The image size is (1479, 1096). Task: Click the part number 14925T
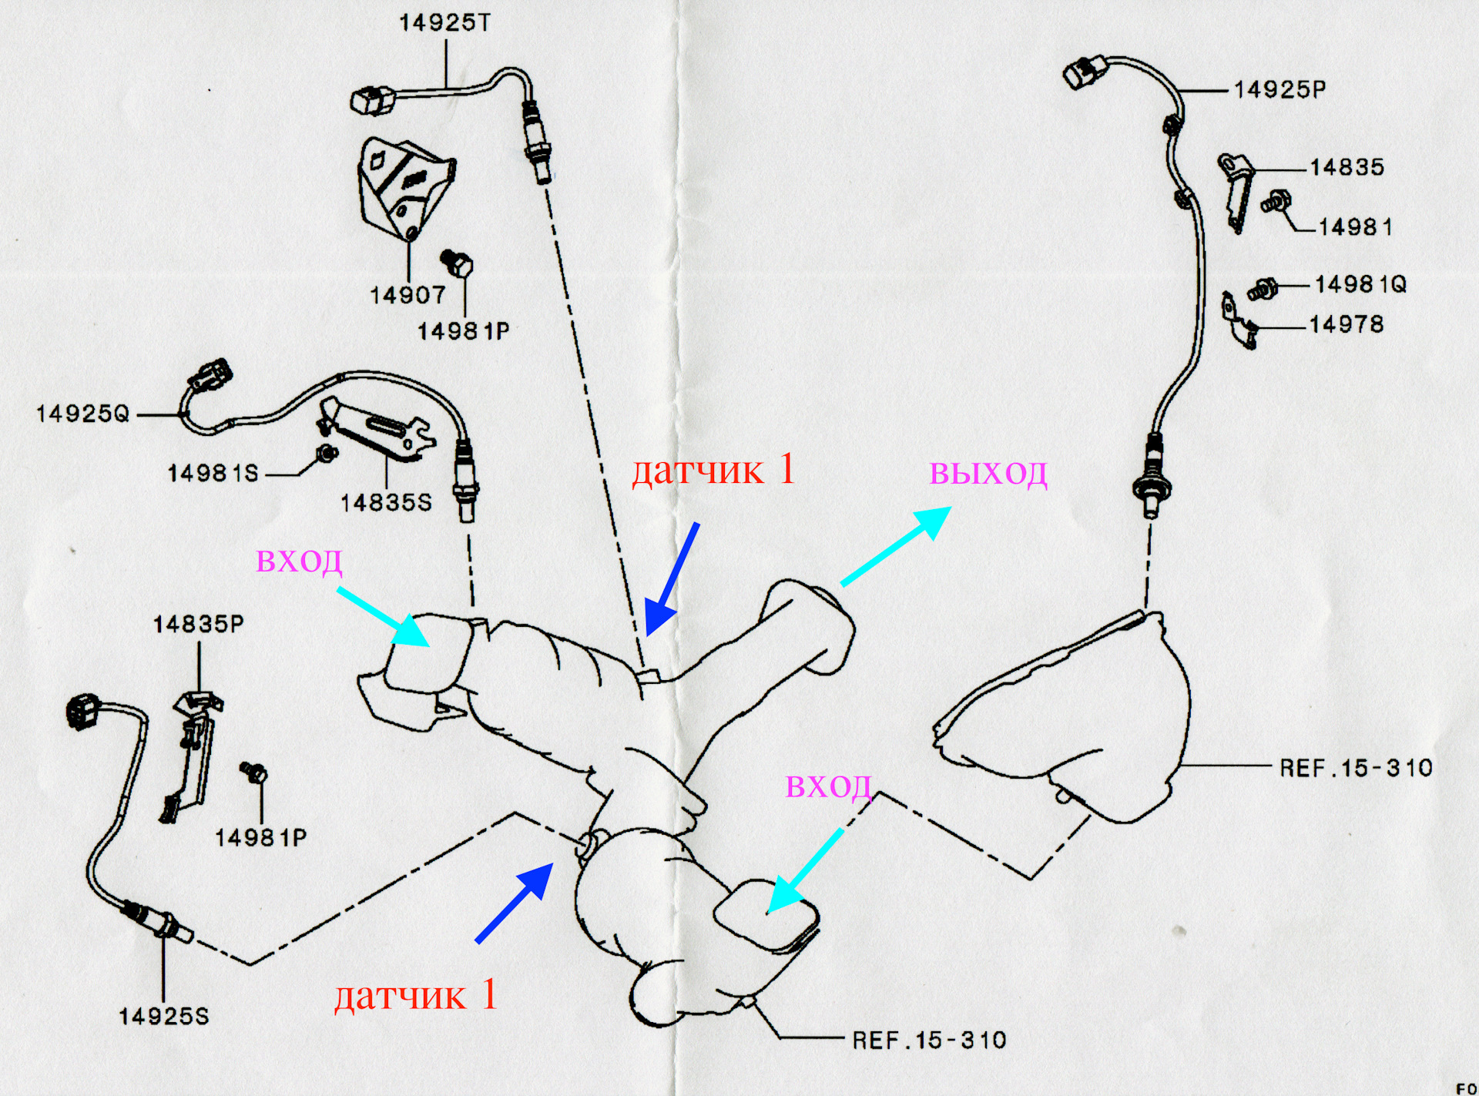tap(444, 22)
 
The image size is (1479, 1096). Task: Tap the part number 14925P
tap(1279, 90)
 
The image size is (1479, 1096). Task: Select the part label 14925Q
tap(83, 414)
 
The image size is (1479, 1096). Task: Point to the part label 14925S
tap(163, 1017)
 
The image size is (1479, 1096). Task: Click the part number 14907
tap(407, 295)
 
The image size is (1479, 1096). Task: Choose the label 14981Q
tap(1360, 285)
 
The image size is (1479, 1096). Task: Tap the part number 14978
tap(1347, 325)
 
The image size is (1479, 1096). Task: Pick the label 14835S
tap(386, 503)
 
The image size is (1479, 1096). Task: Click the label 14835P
tap(198, 624)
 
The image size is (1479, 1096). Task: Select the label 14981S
tap(213, 473)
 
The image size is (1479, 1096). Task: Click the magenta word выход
tap(988, 473)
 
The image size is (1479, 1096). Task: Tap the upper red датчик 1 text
tap(713, 470)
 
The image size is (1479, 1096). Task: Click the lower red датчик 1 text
tap(416, 996)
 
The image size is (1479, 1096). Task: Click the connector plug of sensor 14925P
tap(1084, 72)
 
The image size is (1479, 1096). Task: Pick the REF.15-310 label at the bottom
tap(929, 1041)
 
